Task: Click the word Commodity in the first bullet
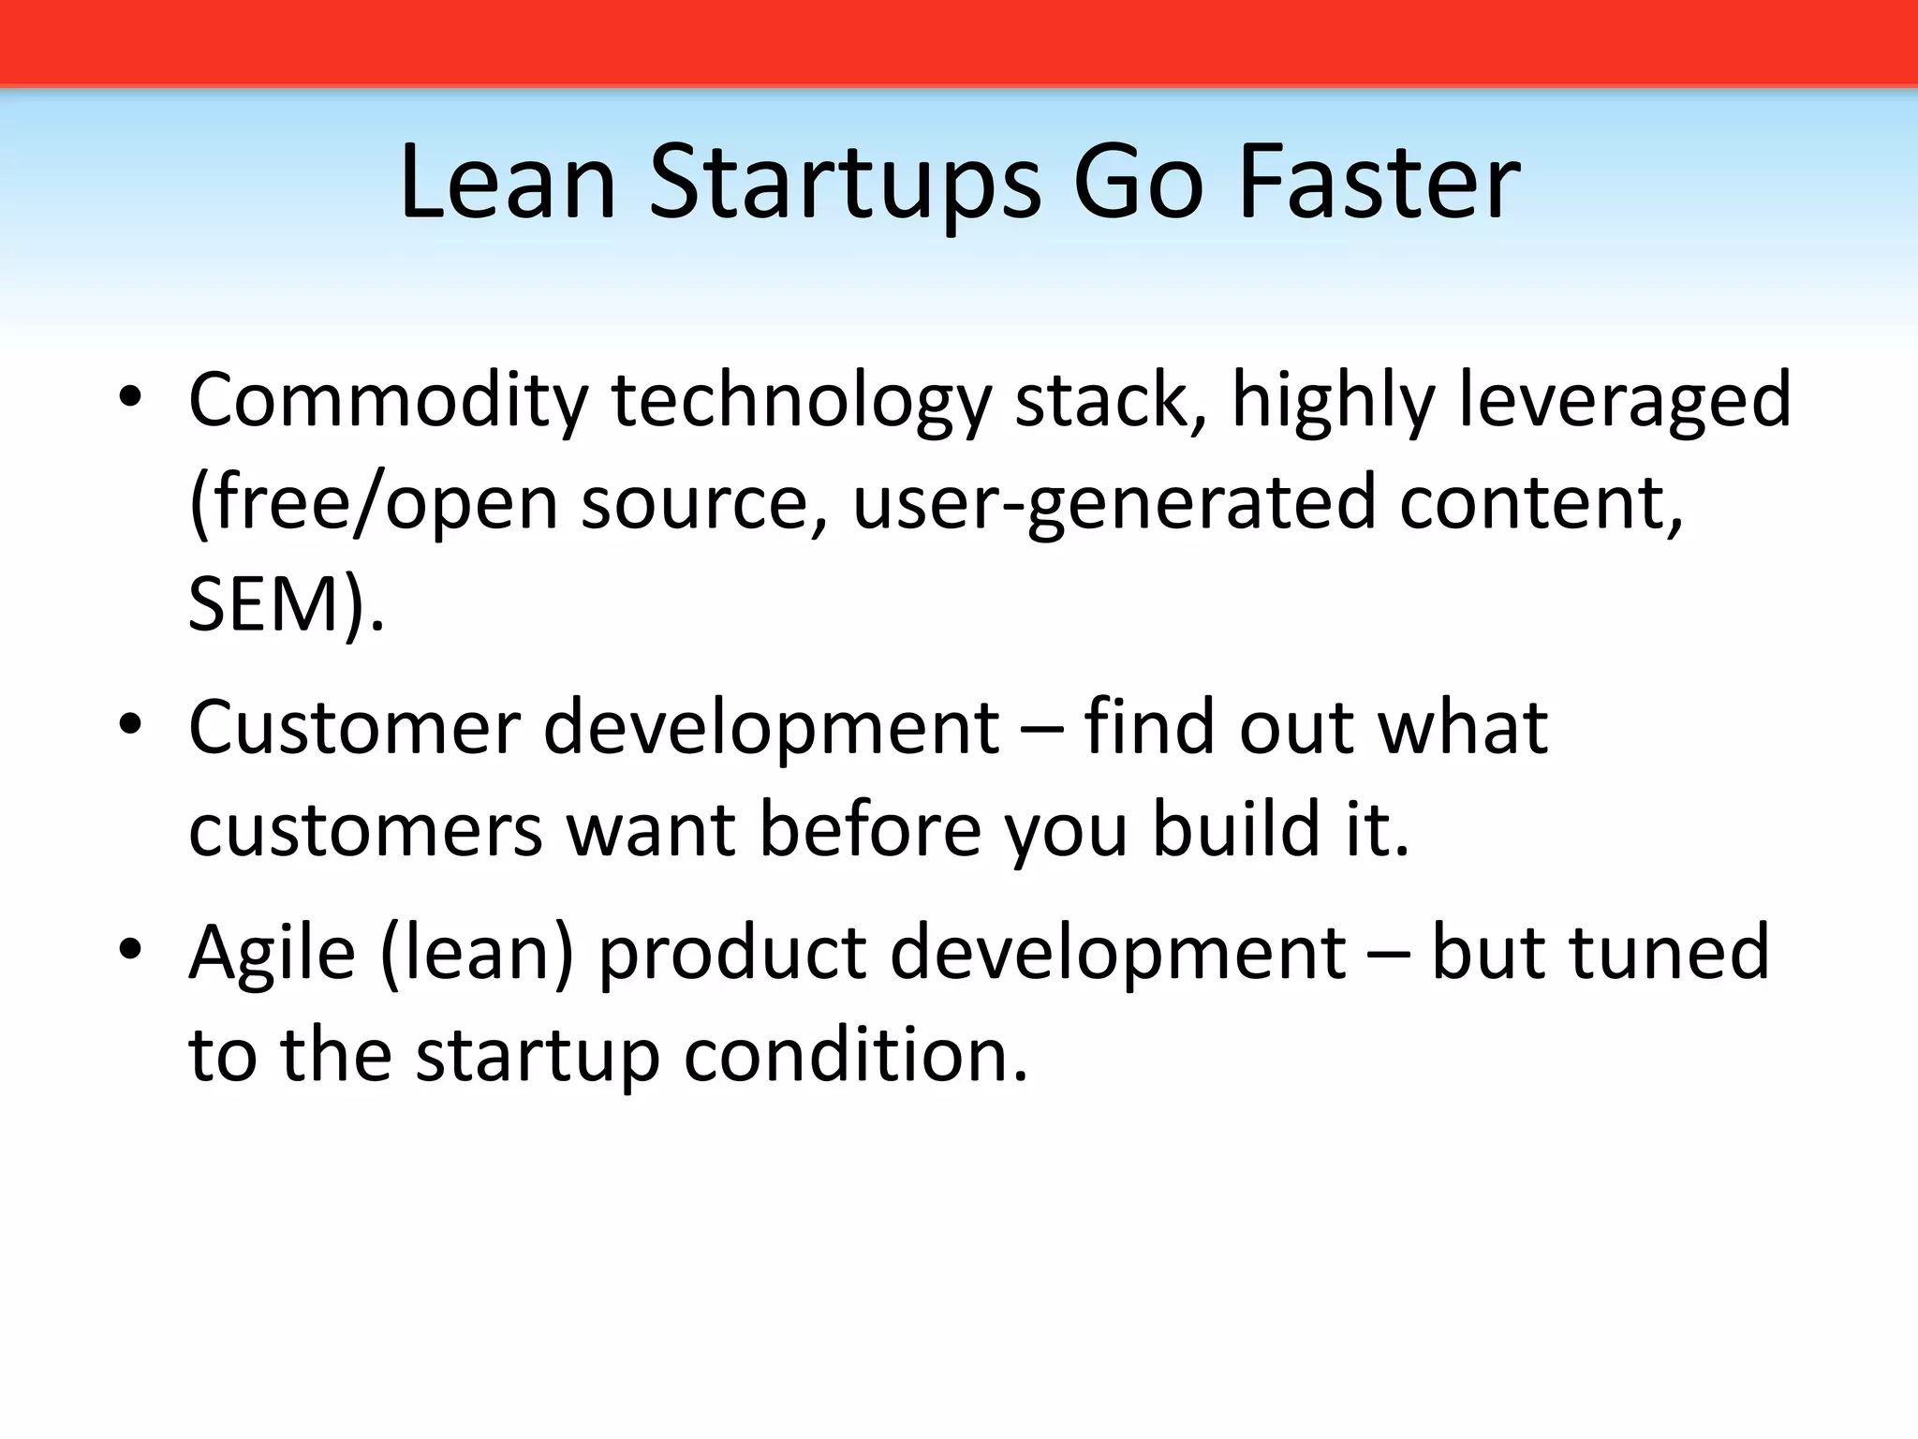[388, 401]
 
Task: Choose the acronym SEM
[265, 605]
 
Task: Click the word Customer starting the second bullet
[354, 728]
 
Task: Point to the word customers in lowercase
[365, 830]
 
